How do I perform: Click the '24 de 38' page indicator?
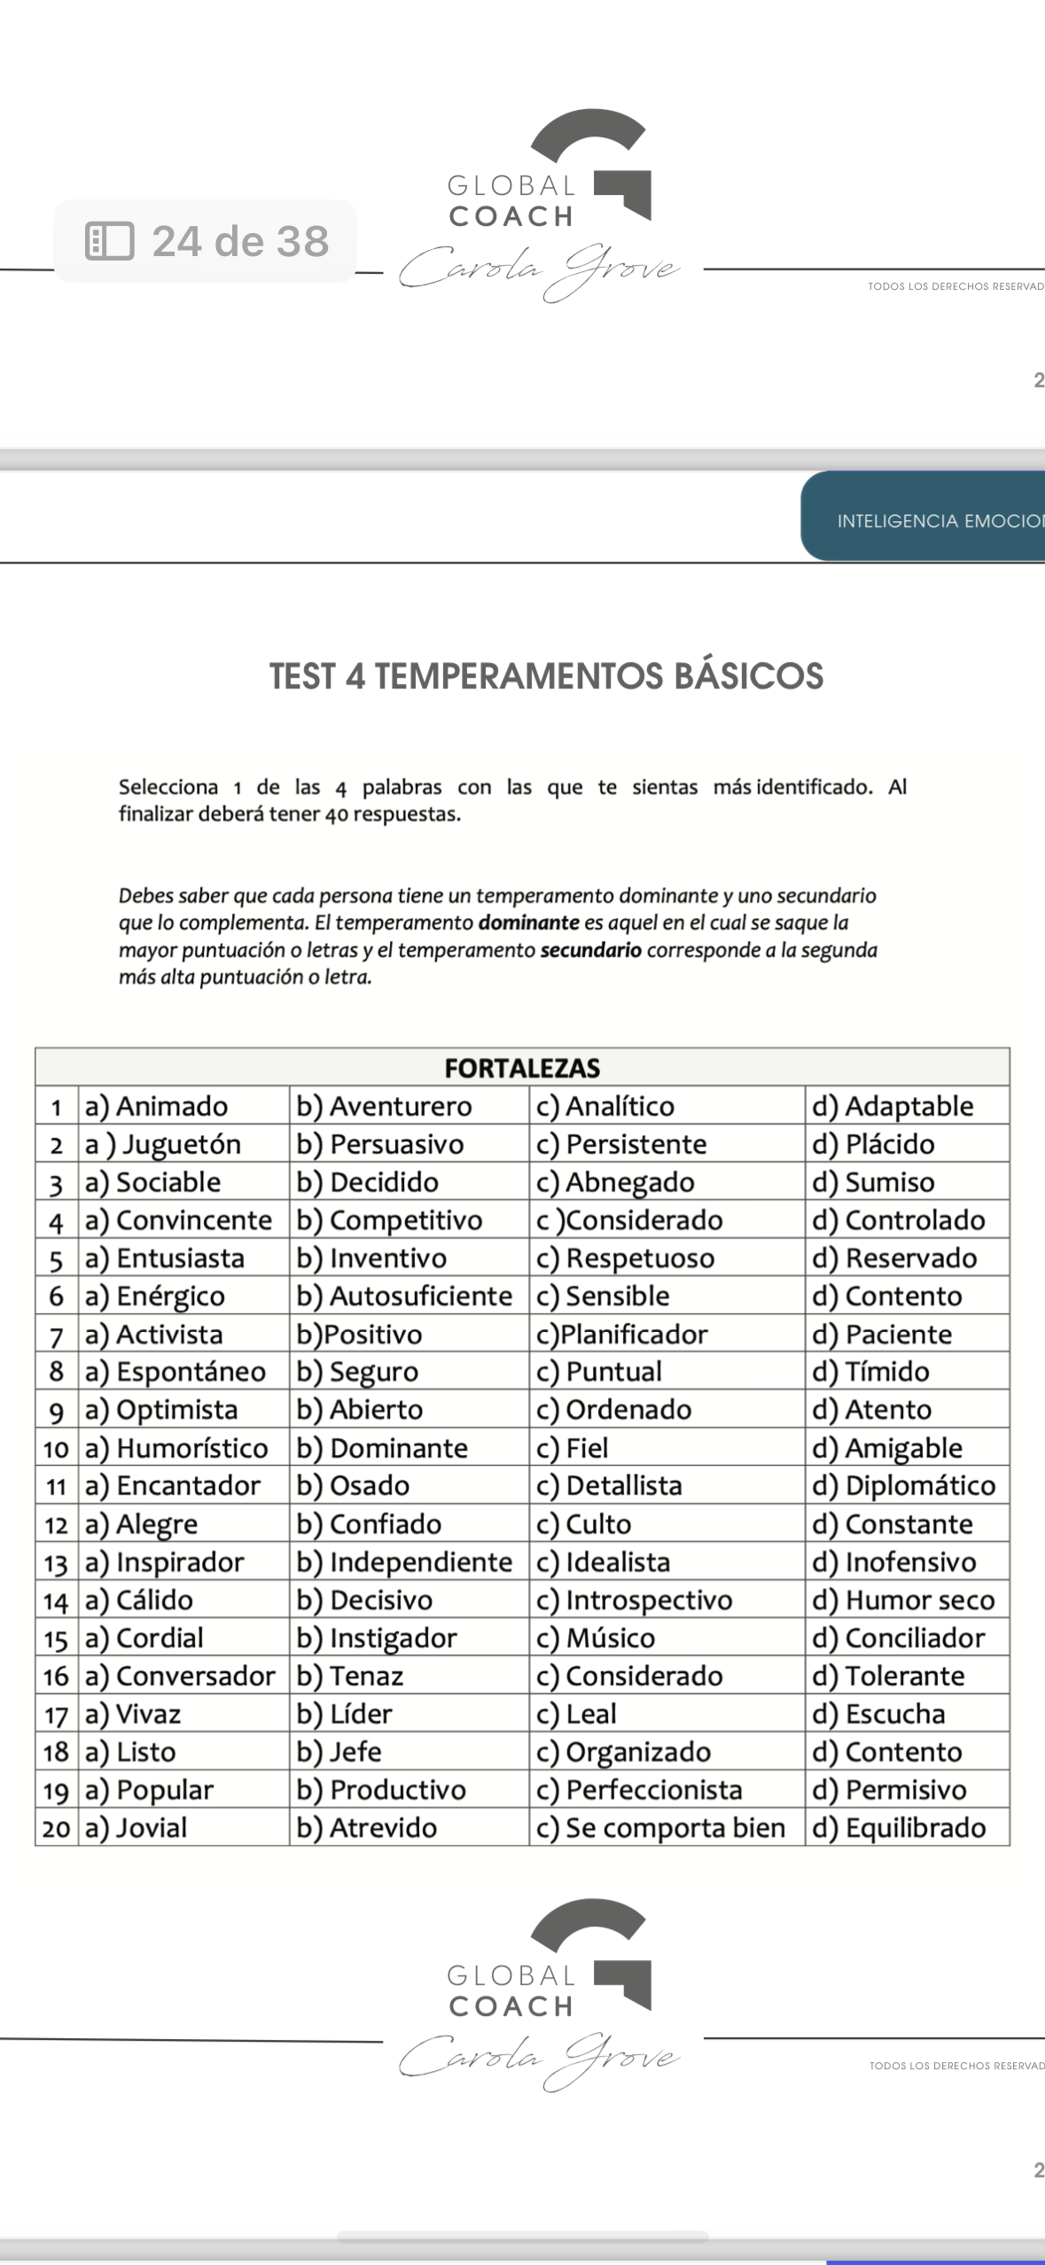pos(206,241)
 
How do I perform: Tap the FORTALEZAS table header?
pos(522,1068)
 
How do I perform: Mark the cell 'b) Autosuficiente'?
pos(404,1296)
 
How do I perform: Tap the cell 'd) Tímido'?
pos(870,1372)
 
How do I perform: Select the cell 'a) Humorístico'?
pos(176,1448)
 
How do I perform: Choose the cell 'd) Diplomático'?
pos(903,1485)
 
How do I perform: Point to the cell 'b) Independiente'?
pos(404,1561)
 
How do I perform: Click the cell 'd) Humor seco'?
pos(903,1600)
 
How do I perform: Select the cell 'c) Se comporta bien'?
pos(660,1827)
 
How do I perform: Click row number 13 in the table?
pos(56,1562)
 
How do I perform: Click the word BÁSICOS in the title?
pos(748,676)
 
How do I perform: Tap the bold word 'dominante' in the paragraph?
pos(528,922)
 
